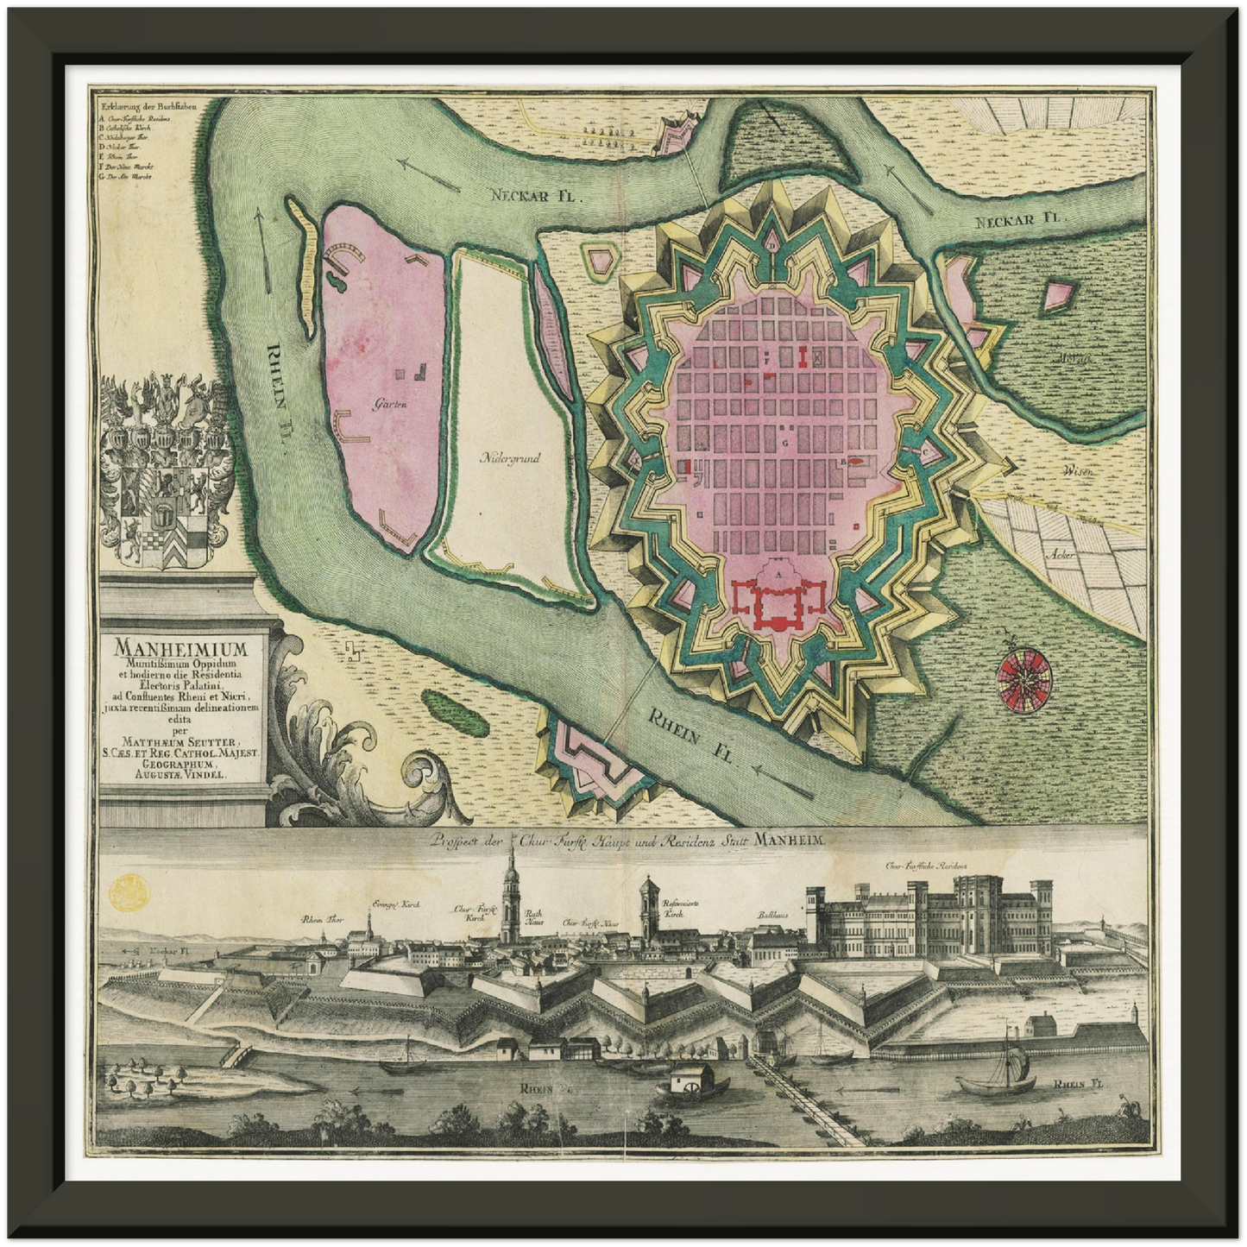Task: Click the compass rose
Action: point(1024,673)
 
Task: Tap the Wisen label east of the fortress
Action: point(1078,471)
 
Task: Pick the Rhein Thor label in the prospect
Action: point(323,920)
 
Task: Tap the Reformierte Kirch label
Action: point(680,908)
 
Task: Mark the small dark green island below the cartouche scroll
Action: point(452,709)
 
